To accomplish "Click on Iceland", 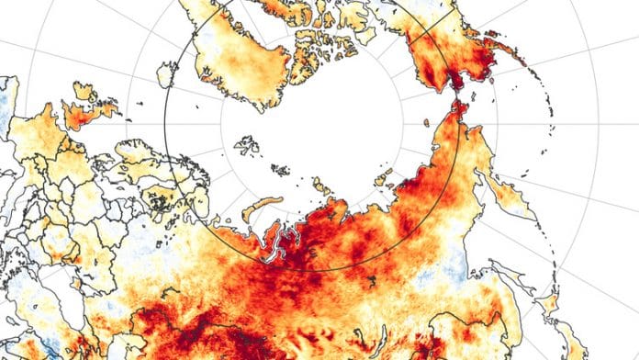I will click(164, 73).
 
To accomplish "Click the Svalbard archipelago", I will click(246, 145).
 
